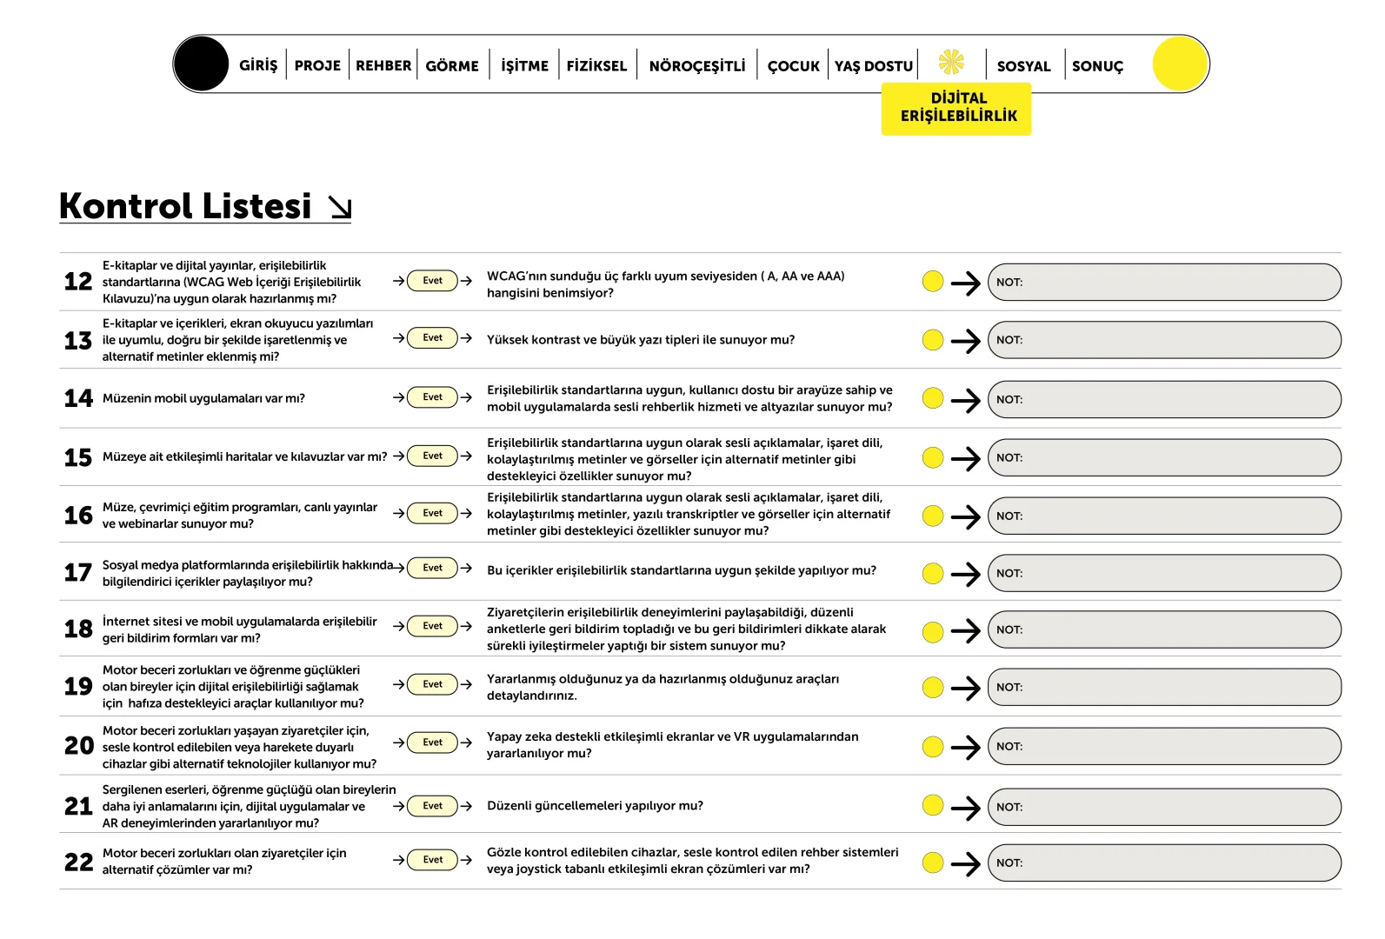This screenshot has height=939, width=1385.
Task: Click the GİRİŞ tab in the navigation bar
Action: [258, 65]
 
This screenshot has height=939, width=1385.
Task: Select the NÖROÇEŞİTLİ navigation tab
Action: [697, 65]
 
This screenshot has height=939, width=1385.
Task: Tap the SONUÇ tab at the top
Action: [1097, 66]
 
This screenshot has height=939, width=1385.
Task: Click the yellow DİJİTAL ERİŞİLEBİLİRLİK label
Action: [957, 108]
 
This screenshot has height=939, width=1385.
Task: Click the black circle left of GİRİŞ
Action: [201, 63]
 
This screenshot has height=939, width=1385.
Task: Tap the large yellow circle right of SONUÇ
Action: [1180, 63]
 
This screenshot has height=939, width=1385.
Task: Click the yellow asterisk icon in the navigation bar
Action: [951, 62]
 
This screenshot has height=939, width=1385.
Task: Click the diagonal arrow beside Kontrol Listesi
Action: [340, 207]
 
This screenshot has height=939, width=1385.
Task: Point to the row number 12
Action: [78, 282]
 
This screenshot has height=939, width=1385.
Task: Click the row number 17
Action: [78, 573]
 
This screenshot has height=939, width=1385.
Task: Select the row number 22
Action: [78, 862]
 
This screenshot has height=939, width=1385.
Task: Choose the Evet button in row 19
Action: [432, 684]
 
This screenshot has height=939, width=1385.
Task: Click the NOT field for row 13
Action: [1164, 340]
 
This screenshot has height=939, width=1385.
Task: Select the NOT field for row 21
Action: [1164, 807]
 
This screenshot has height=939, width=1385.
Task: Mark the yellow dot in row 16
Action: [933, 516]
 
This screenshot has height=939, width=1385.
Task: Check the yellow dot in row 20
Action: [933, 746]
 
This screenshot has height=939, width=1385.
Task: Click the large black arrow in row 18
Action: [965, 630]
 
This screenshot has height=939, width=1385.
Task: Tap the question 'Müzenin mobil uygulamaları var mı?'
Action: [203, 398]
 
